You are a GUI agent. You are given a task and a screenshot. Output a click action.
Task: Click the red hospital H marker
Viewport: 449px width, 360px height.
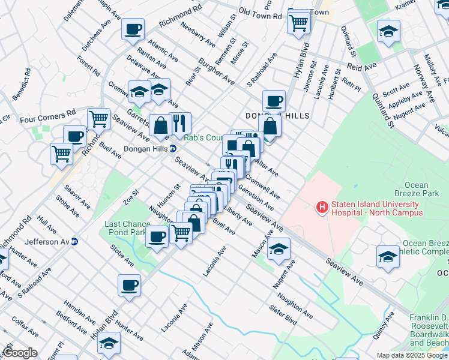click(322, 208)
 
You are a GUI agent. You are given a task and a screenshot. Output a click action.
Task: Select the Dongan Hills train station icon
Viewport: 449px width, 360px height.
click(173, 148)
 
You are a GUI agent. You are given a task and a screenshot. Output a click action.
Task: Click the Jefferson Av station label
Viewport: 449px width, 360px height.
click(48, 242)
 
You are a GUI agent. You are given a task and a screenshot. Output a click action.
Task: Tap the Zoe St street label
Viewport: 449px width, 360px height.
click(131, 196)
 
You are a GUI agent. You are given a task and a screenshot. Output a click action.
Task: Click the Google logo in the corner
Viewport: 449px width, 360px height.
click(20, 353)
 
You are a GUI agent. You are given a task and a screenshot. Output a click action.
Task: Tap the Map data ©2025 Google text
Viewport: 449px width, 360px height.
click(411, 355)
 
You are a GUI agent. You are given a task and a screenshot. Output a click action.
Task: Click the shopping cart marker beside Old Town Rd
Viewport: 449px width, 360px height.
click(298, 23)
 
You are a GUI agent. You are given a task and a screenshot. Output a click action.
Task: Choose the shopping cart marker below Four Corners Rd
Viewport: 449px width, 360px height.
click(98, 119)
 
